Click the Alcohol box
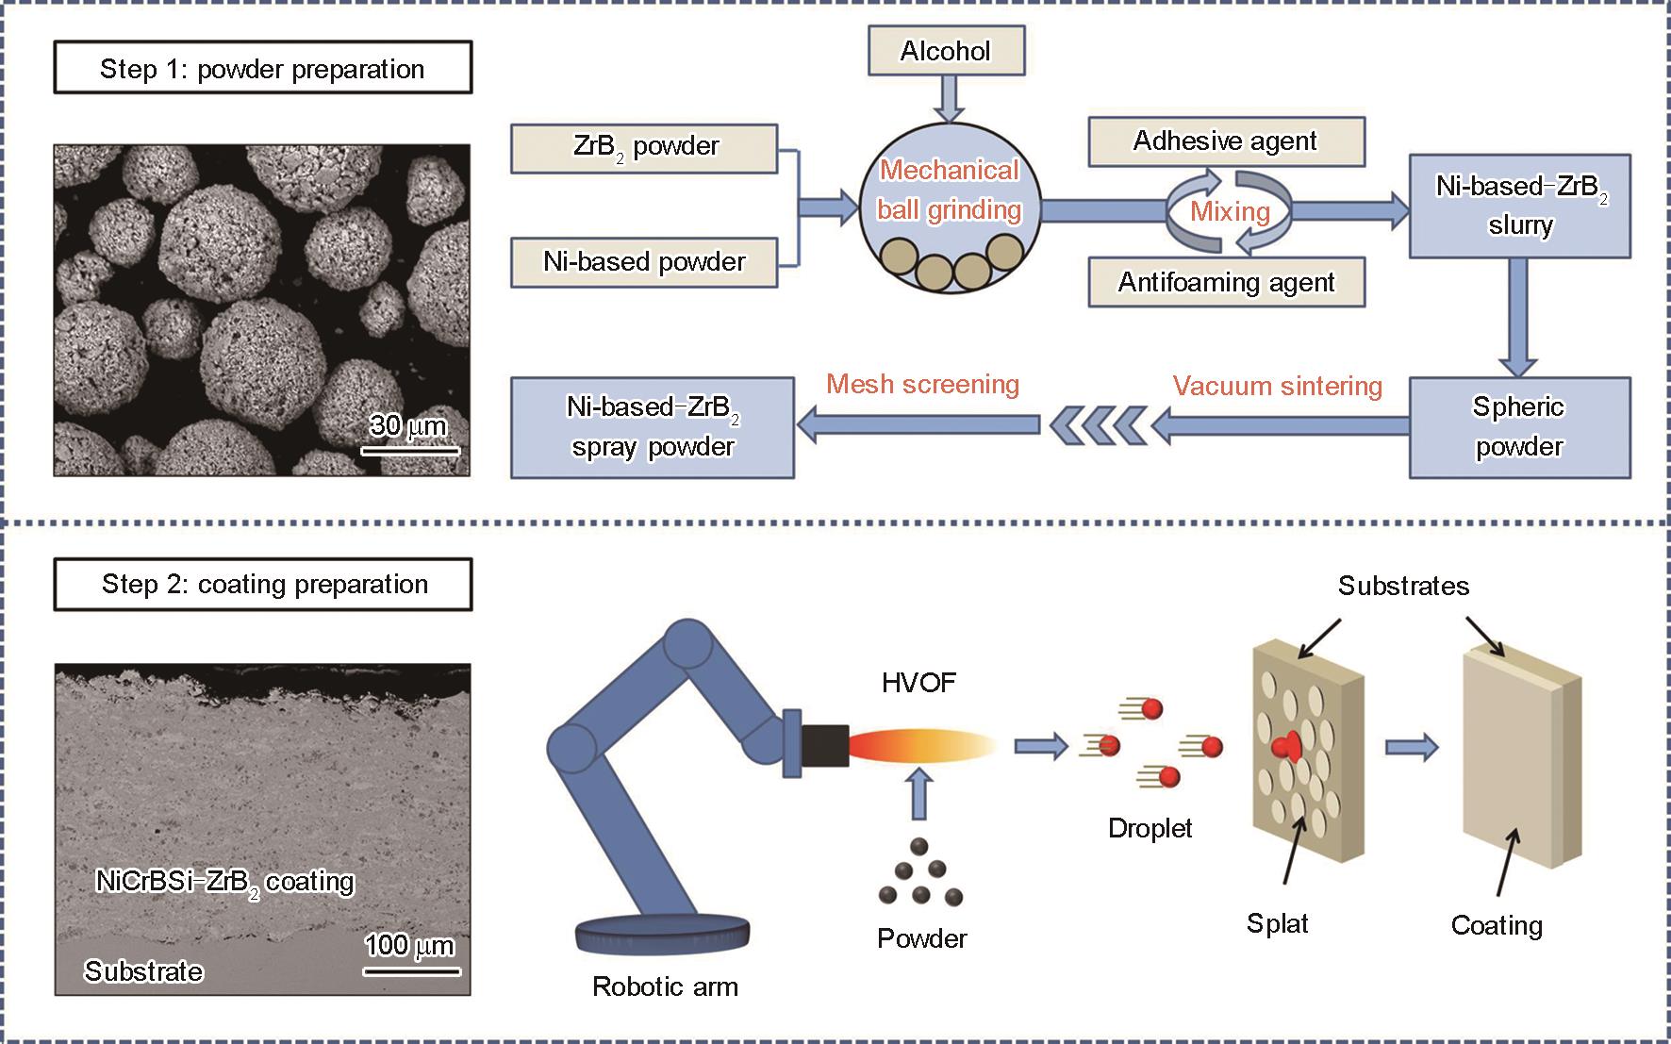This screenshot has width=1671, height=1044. click(945, 51)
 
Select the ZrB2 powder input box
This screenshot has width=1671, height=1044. click(644, 148)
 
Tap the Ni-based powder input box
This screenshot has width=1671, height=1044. click(644, 262)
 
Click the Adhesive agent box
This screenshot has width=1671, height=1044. click(1226, 141)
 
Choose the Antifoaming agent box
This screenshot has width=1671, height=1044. click(1226, 282)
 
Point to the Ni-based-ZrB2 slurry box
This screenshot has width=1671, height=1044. click(1519, 206)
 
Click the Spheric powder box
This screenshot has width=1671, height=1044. click(1519, 427)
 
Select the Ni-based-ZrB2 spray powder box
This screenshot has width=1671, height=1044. click(653, 427)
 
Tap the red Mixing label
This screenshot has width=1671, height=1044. click(1230, 211)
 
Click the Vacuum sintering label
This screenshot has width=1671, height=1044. click(1277, 387)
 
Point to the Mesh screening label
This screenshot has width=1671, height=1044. click(922, 385)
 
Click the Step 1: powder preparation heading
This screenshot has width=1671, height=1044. click(262, 69)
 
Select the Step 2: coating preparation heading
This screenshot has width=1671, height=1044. click(264, 585)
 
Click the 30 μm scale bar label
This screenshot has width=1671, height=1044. click(407, 426)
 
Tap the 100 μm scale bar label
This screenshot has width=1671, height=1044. click(409, 946)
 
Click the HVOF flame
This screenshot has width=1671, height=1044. click(919, 745)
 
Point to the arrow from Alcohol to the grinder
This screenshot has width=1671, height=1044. click(948, 97)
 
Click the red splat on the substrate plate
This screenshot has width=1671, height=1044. click(1286, 747)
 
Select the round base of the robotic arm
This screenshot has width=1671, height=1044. click(663, 933)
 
